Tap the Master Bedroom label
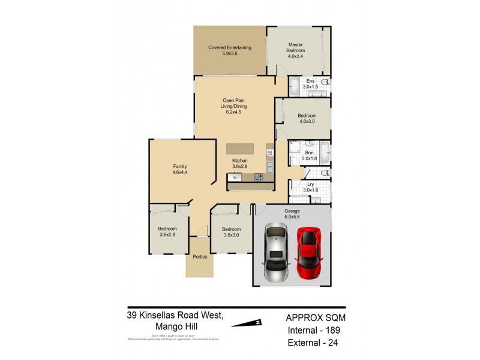point(295,48)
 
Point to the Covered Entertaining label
point(229,51)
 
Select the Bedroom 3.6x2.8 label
point(167,232)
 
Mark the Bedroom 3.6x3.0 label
point(231,232)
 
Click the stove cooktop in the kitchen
point(259,177)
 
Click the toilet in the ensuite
point(325,82)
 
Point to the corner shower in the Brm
point(295,148)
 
